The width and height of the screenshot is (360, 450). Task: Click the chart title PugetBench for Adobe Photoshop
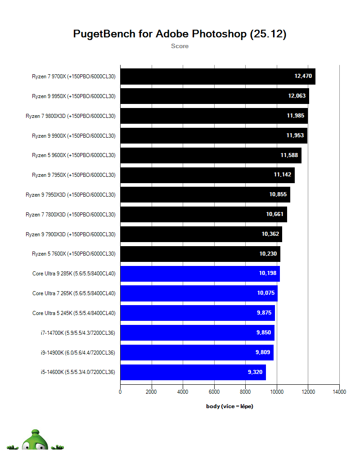[x=180, y=34]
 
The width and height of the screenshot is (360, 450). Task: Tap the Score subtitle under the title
[x=180, y=46]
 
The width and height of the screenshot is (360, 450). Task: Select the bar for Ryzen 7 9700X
[x=202, y=76]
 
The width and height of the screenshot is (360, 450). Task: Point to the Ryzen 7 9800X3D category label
[x=71, y=116]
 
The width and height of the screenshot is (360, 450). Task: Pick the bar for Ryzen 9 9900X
[x=202, y=135]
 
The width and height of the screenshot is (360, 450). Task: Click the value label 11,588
[x=289, y=155]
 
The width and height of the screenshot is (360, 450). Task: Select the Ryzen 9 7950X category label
[x=74, y=175]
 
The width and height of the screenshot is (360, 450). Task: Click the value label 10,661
[x=275, y=214]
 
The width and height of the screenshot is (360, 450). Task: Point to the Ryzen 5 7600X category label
[x=74, y=254]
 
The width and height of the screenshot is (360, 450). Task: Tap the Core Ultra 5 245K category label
[x=74, y=313]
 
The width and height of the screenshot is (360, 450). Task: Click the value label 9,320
[x=255, y=372]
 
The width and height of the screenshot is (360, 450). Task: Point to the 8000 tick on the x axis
[x=245, y=392]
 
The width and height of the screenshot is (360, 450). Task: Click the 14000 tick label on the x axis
[x=339, y=392]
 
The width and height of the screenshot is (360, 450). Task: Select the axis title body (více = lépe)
[x=229, y=406]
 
